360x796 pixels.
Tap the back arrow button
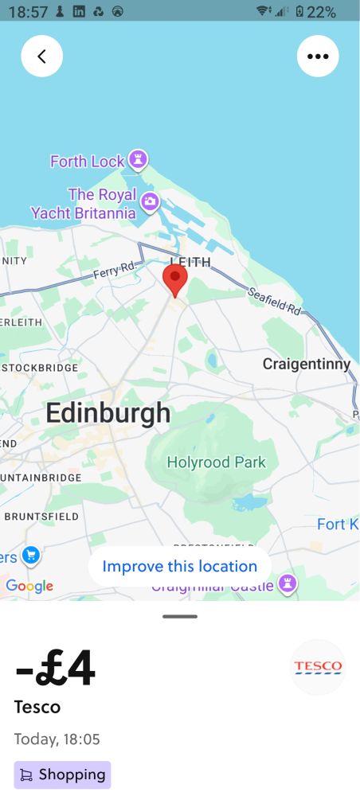[x=41, y=57]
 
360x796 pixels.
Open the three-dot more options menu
[x=318, y=57]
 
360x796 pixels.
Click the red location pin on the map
[x=175, y=279]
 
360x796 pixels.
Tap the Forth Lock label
[x=88, y=162]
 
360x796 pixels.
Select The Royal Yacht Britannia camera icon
[x=150, y=203]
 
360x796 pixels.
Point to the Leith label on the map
[x=190, y=261]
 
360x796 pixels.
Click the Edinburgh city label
[x=108, y=413]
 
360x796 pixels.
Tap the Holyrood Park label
[x=216, y=462]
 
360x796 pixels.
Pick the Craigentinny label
[x=307, y=365]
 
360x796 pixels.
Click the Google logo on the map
[x=29, y=587]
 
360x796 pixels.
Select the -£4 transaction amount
[x=55, y=669]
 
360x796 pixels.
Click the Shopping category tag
[x=62, y=775]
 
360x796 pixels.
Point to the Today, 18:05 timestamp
[x=57, y=739]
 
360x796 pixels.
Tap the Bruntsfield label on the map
[x=41, y=516]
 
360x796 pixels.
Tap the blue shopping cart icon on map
[x=31, y=555]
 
